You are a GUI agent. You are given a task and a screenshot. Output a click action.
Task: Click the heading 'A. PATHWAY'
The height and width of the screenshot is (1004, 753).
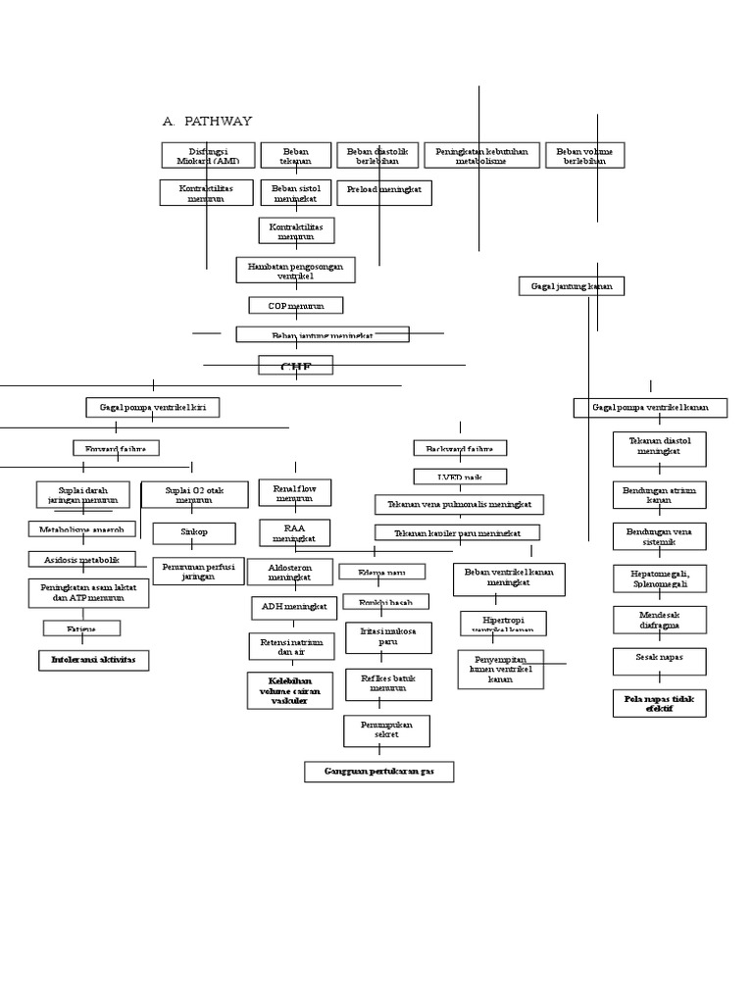pos(207,122)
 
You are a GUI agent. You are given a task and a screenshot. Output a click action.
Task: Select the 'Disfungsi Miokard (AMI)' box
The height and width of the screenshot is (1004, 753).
pos(208,156)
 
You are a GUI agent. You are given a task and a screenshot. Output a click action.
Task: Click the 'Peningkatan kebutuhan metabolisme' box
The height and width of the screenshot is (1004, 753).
pos(481,156)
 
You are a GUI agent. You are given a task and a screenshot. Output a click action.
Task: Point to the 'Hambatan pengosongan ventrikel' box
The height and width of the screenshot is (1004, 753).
pos(295,271)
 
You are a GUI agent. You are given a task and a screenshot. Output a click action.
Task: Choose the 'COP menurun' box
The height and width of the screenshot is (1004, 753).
pos(295,306)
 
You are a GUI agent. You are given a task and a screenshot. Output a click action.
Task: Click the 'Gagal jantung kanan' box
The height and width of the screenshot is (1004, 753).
pos(572,286)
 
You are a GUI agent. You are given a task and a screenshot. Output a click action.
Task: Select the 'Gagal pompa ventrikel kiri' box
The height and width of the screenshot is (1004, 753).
pos(152,407)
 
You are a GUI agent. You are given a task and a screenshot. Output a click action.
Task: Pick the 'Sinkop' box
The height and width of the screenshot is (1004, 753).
pos(193,533)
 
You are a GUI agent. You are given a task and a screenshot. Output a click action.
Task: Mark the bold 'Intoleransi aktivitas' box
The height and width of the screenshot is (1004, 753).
pos(94,660)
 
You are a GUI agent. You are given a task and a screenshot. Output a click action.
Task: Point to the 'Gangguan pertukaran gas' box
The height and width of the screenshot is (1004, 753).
pos(378,772)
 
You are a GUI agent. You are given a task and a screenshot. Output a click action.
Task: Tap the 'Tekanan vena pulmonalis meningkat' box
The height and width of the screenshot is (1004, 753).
pos(459,505)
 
